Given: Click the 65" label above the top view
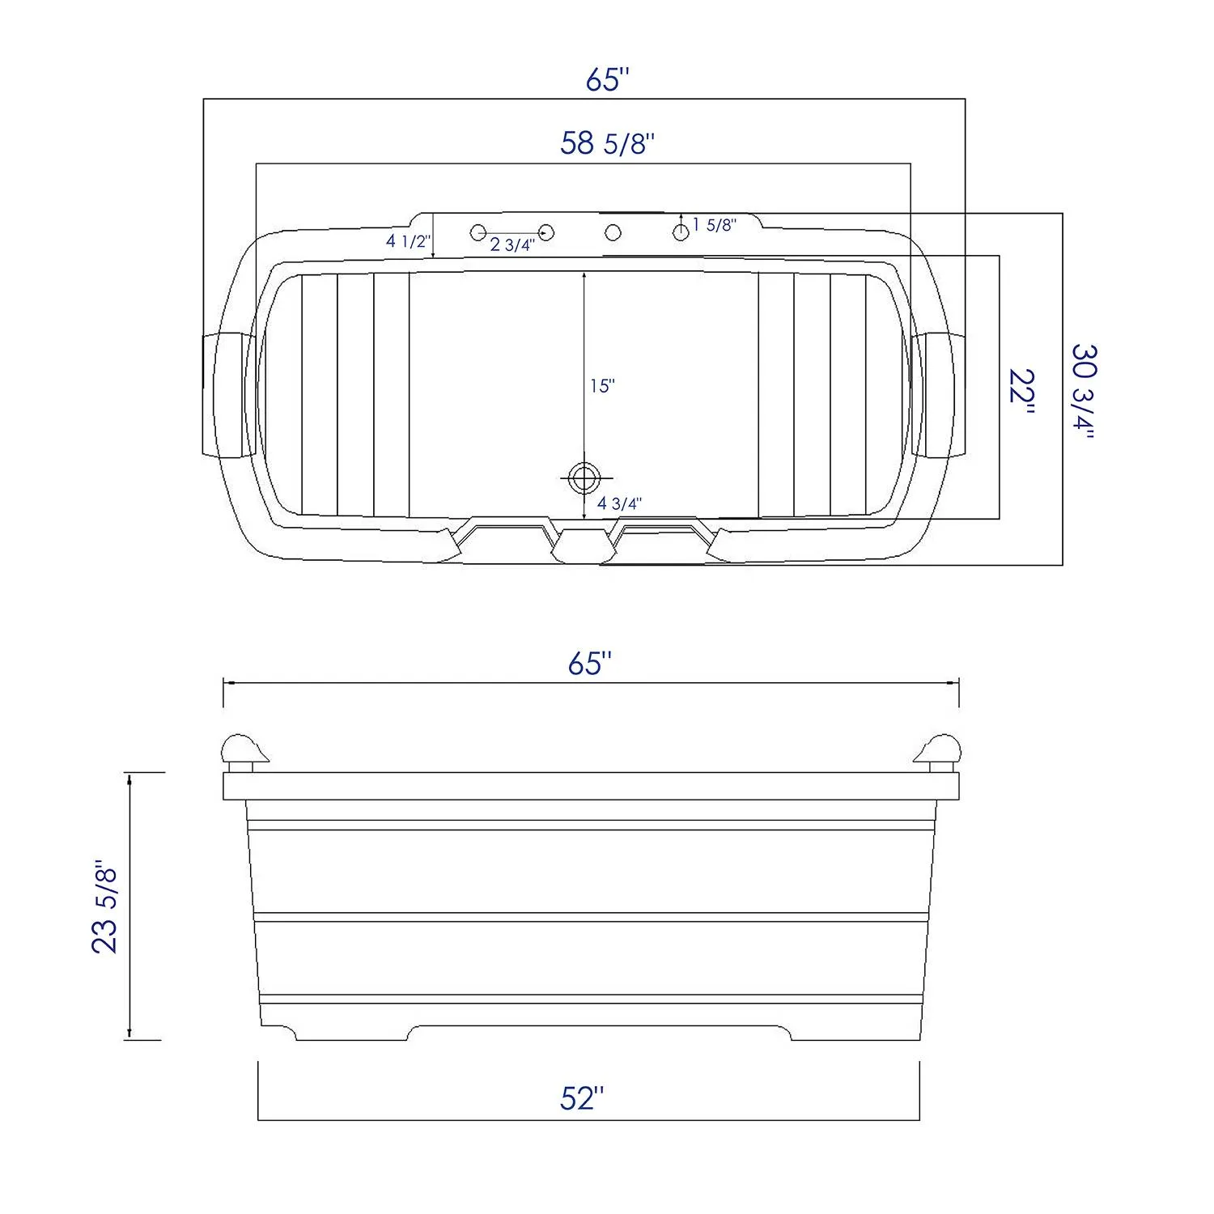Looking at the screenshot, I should pyautogui.click(x=607, y=80).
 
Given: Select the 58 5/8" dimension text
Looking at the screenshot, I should pyautogui.click(x=607, y=143).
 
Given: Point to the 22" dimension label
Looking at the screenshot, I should pyautogui.click(x=1022, y=393).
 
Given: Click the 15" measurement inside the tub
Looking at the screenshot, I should pyautogui.click(x=602, y=386).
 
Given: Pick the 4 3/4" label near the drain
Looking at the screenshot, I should pyautogui.click(x=620, y=503).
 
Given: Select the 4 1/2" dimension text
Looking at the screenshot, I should pyautogui.click(x=408, y=241).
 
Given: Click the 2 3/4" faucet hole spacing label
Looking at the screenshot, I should pyautogui.click(x=512, y=245).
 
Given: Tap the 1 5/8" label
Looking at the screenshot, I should pyautogui.click(x=714, y=225).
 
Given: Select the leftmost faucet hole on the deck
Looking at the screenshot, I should pyautogui.click(x=478, y=233).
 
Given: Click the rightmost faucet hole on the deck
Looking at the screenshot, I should pyautogui.click(x=681, y=232).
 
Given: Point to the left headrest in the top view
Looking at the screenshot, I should pyautogui.click(x=230, y=394).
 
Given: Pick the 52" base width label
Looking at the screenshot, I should pyautogui.click(x=583, y=1098).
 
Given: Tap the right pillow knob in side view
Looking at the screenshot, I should pyautogui.click(x=940, y=751).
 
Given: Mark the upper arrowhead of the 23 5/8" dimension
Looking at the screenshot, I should pyautogui.click(x=129, y=778).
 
